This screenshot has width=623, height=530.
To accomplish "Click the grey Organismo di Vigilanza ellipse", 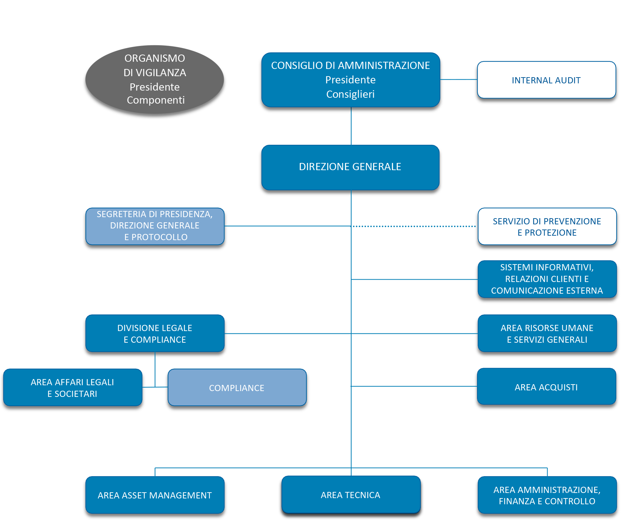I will coord(155,80).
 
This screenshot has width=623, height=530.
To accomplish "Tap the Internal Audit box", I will coord(546,80).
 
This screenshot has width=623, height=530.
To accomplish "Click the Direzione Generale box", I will coord(350,167).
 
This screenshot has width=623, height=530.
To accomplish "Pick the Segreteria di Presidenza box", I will coord(155,226).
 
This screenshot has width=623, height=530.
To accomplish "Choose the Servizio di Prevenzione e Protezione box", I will coord(547,226).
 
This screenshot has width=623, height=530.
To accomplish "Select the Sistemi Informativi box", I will coord(547,279).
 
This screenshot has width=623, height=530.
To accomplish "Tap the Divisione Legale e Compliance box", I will coord(155,333).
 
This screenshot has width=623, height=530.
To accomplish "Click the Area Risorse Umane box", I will coord(547,333).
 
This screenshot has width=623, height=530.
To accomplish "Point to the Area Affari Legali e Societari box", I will coord(72,388).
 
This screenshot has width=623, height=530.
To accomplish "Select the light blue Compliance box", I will coord(237,388).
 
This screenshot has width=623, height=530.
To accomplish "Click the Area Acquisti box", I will coord(546,387).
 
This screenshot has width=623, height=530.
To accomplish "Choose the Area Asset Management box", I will coord(155,495).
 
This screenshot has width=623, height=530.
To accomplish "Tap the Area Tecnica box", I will coord(350,495).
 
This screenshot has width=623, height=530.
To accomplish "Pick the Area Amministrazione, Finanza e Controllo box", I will coord(547,495).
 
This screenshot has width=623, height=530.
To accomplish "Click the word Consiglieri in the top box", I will coord(350,94).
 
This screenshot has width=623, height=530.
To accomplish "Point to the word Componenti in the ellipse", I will coord(156,100).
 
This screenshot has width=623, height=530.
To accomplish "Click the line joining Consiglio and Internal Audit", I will coord(458,79).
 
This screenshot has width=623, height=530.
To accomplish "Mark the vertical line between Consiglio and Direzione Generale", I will coord(351,126).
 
